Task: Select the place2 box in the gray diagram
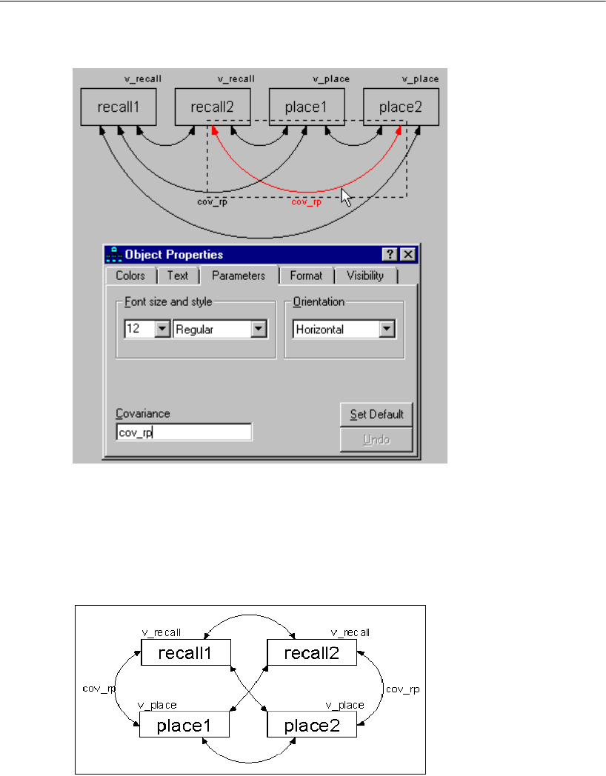point(401,107)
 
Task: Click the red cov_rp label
point(306,201)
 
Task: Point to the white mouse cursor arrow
point(345,197)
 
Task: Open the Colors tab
point(130,275)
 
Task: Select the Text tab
point(177,275)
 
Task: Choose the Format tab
point(306,275)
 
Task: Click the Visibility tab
point(365,275)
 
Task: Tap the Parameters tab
point(238,275)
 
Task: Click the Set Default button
point(376,415)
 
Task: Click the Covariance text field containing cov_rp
point(184,432)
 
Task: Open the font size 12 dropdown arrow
point(162,330)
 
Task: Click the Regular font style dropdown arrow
point(258,330)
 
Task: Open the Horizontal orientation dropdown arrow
point(387,330)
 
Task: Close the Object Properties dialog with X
point(407,254)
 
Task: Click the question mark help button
point(390,254)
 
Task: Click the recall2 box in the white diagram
point(312,652)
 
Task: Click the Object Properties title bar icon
point(113,254)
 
